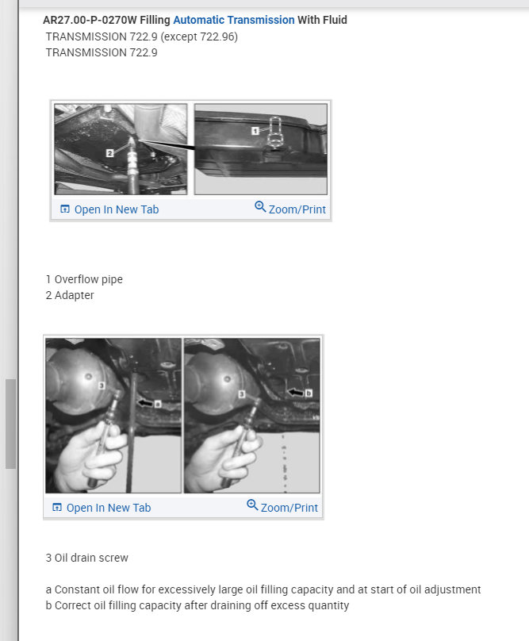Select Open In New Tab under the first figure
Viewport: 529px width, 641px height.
[x=116, y=209]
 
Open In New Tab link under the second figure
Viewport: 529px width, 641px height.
[x=108, y=508]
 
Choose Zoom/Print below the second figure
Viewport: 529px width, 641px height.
[x=289, y=508]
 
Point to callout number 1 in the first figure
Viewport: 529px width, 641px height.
[x=255, y=129]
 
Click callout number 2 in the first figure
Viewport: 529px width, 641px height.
[x=109, y=152]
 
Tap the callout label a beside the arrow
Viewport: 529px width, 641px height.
[x=158, y=403]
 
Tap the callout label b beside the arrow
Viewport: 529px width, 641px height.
[x=309, y=392]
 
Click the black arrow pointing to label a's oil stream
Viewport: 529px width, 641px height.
[x=144, y=403]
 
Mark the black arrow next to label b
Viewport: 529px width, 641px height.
[x=295, y=392]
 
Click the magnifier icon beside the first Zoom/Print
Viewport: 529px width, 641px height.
[x=260, y=207]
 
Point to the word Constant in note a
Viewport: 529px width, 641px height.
[x=76, y=589]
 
